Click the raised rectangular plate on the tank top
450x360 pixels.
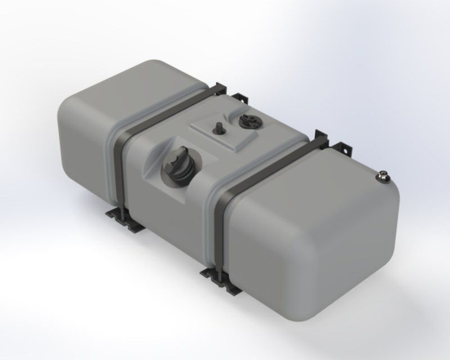[225, 132]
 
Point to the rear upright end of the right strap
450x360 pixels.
[321, 137]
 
